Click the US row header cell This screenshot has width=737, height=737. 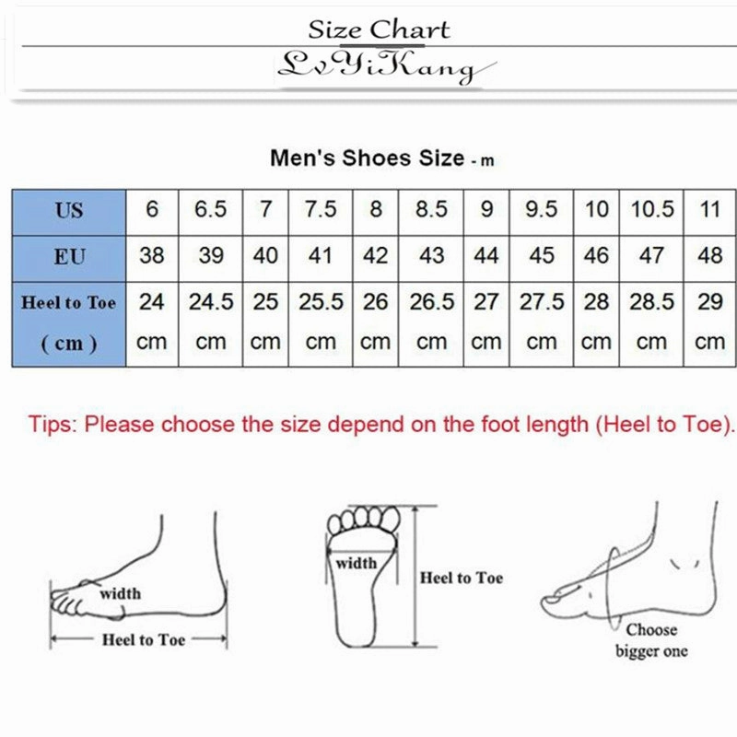click(69, 211)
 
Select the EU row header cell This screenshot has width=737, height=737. click(69, 256)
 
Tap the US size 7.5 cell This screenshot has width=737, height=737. click(321, 210)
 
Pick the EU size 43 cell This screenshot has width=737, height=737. click(431, 255)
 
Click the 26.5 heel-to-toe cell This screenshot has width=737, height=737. click(431, 302)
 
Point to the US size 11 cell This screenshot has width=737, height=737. click(709, 210)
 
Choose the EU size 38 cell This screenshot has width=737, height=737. click(152, 255)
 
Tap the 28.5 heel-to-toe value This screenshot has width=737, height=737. click(652, 302)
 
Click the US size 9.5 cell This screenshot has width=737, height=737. click(542, 210)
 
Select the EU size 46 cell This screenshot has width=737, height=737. click(597, 255)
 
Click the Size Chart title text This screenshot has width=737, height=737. click(379, 29)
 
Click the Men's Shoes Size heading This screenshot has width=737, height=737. click(367, 158)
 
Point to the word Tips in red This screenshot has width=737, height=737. click(53, 425)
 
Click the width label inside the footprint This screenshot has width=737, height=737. click(356, 563)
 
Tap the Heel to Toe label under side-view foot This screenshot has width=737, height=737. click(143, 639)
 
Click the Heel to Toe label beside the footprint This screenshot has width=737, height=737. click(462, 579)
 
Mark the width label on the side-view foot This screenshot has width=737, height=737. click(120, 593)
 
